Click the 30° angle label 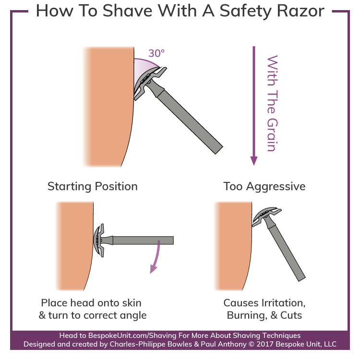point(156,52)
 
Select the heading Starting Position point(93,186)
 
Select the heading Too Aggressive point(264,186)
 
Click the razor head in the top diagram point(149,82)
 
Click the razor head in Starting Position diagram point(100,240)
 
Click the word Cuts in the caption point(294,315)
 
